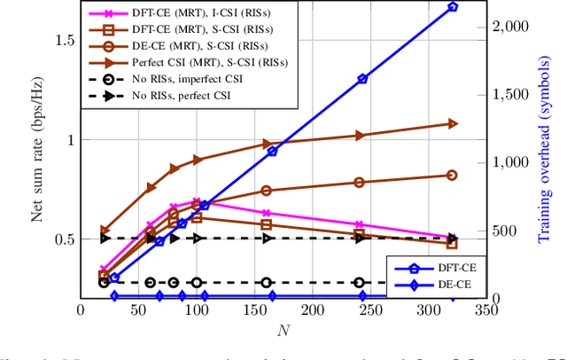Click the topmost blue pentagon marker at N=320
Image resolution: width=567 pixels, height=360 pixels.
454,6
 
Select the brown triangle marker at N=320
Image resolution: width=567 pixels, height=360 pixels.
453,124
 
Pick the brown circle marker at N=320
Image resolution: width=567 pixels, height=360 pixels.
453,176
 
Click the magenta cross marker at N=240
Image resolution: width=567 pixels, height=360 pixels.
359,225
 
